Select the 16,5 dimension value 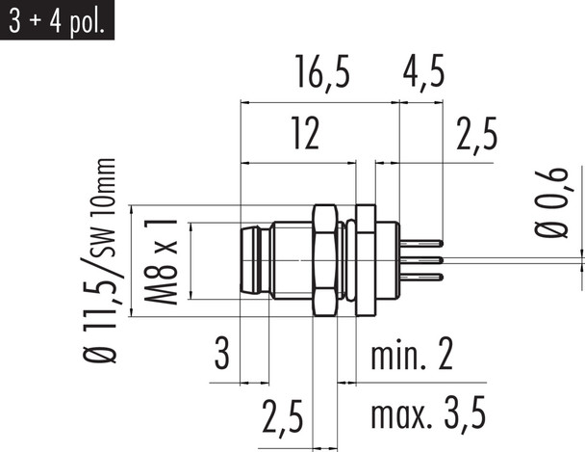click(x=323, y=73)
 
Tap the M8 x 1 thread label click(x=160, y=261)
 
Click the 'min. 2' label click(x=411, y=357)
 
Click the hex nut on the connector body click(x=325, y=260)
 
